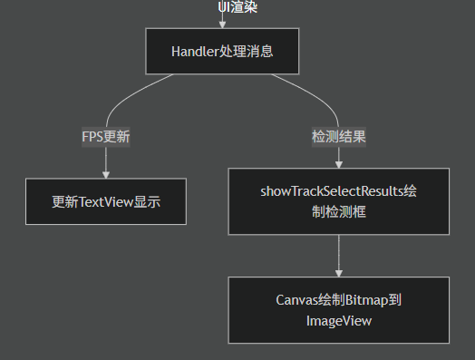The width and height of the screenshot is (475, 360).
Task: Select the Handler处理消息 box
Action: point(222,51)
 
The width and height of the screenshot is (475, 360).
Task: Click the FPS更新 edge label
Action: point(106,137)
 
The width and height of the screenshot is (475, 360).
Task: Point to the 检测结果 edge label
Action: point(338,137)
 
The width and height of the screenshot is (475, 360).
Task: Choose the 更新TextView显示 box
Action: point(106,201)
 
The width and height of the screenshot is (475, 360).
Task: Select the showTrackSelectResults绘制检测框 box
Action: point(338,201)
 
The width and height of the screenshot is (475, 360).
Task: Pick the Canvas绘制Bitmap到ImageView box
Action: point(338,309)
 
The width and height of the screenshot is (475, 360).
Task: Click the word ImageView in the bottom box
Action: point(338,319)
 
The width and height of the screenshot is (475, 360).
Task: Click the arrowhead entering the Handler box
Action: point(222,24)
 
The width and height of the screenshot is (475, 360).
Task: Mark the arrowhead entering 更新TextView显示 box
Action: point(106,174)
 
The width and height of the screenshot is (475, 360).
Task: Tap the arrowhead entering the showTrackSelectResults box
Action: point(338,164)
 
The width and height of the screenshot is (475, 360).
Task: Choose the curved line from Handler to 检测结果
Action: point(317,94)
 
